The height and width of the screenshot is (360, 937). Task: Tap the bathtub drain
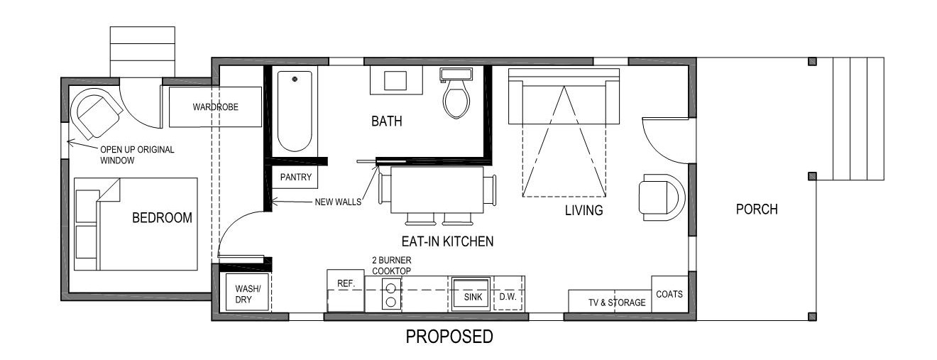[295, 79]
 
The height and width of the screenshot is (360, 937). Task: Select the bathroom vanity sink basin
[395, 80]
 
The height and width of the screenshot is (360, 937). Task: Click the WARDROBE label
[215, 107]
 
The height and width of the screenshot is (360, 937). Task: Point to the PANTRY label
[296, 177]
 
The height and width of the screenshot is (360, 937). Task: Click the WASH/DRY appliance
[247, 292]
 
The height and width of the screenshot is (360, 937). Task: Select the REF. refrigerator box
[346, 290]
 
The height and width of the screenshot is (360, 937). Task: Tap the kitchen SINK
[471, 294]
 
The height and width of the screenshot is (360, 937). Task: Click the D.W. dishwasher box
[509, 293]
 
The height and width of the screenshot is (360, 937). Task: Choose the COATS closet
[669, 294]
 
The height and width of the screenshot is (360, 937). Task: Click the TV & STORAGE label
[617, 302]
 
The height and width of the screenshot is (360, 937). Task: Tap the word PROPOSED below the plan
[449, 337]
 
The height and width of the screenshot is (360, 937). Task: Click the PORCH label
[757, 209]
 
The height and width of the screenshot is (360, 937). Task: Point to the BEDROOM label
[162, 218]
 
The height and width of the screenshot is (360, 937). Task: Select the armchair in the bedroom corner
[97, 115]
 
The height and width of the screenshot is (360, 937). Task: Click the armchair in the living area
[662, 197]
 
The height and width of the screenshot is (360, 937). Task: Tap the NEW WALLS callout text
[338, 202]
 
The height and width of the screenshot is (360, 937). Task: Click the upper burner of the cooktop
[390, 288]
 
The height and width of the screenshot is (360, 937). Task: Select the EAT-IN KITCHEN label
[448, 241]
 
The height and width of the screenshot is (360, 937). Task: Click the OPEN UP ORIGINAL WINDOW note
[137, 155]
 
